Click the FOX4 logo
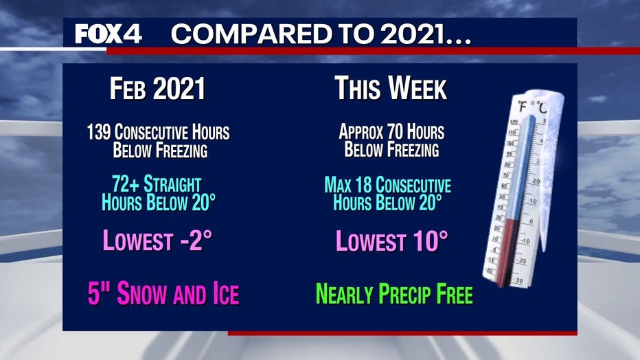(108, 34)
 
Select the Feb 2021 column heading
(157, 88)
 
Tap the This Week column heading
(391, 88)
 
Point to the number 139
(98, 132)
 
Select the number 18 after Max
(363, 185)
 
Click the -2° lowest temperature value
(196, 240)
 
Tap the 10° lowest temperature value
(430, 240)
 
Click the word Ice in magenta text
(226, 293)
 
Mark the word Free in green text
(455, 293)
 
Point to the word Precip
(405, 294)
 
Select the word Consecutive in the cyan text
(413, 185)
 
